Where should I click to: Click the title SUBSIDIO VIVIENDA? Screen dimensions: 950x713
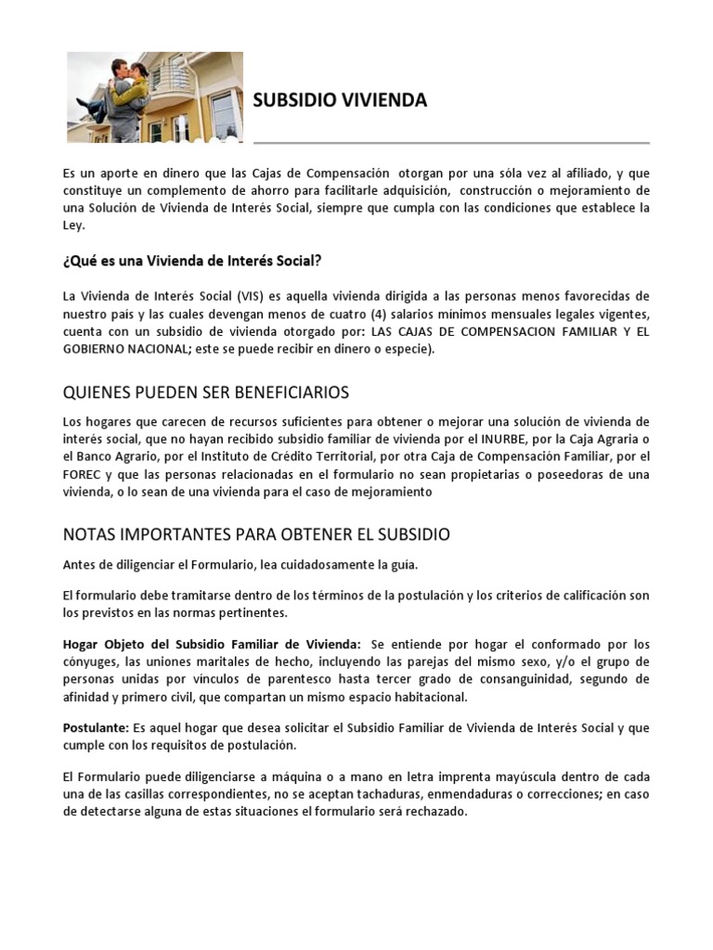pos(340,101)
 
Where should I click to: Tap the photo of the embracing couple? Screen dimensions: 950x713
pos(154,96)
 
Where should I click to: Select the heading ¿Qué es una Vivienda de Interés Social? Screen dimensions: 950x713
pos(191,259)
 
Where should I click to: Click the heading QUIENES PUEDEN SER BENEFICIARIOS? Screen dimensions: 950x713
pos(205,392)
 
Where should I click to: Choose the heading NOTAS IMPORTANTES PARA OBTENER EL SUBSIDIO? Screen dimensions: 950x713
pos(256,534)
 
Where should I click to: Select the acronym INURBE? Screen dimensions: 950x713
pos(504,439)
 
